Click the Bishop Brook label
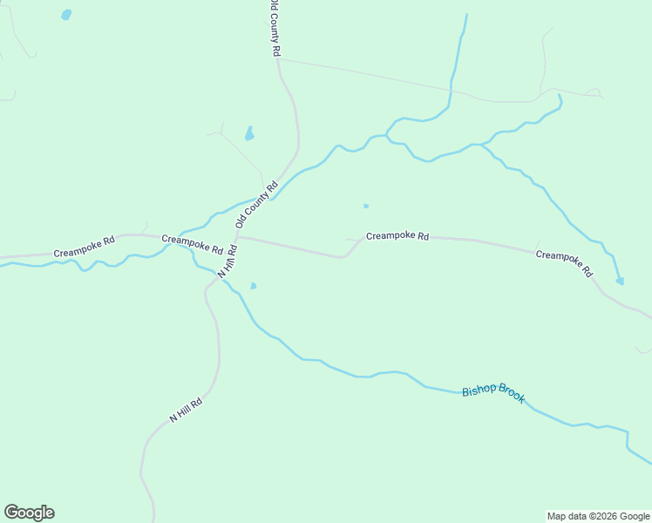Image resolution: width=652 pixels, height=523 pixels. click(x=493, y=392)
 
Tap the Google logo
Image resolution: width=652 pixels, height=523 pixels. click(x=29, y=513)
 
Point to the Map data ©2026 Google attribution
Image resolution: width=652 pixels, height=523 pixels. click(x=597, y=516)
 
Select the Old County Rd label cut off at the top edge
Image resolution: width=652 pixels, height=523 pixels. click(x=275, y=28)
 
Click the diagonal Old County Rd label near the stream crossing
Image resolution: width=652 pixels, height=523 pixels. click(x=256, y=205)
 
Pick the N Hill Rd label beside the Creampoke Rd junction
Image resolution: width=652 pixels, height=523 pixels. click(x=228, y=260)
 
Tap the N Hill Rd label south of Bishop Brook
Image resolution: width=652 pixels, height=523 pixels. click(x=186, y=410)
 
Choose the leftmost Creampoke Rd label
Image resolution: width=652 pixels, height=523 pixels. click(x=84, y=247)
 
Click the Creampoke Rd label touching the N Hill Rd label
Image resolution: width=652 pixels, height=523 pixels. click(x=193, y=244)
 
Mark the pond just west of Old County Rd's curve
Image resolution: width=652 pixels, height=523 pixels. click(x=249, y=134)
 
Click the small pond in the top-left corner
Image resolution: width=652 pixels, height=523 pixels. click(x=66, y=15)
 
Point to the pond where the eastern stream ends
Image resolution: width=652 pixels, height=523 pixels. click(x=620, y=281)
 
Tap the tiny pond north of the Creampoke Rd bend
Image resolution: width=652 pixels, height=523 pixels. click(x=365, y=206)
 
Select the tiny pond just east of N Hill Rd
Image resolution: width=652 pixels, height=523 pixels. click(x=253, y=286)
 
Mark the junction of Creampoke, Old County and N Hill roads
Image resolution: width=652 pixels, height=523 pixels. click(x=236, y=236)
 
